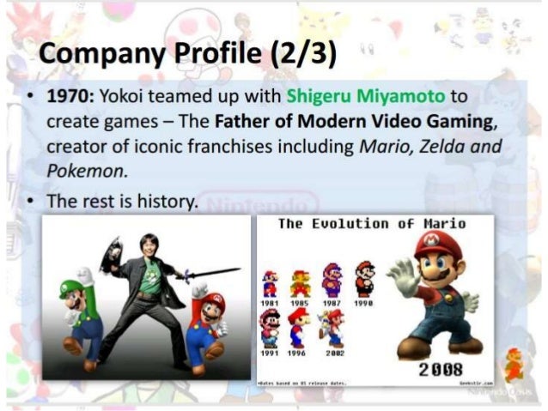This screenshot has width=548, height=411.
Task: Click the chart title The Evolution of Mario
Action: tap(372, 225)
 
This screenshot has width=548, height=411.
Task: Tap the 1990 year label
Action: tap(364, 304)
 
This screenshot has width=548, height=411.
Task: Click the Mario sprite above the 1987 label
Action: tap(332, 281)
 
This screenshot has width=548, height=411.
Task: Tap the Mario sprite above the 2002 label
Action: tap(332, 329)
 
